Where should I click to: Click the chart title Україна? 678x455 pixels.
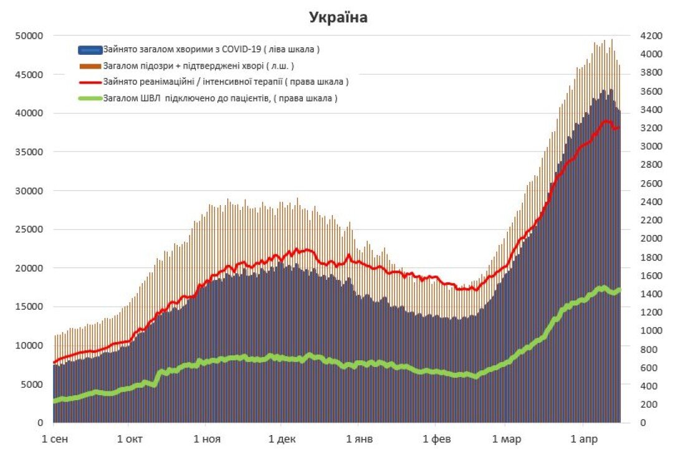coord(338,18)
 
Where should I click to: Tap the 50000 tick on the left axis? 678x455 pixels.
coord(29,36)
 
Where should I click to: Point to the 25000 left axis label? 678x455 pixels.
coord(29,229)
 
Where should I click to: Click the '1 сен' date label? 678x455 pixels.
coord(55,439)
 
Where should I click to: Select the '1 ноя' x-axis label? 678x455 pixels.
coord(208,439)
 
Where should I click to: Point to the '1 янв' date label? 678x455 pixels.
coord(360,439)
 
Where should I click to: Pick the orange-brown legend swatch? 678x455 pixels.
coord(90,65)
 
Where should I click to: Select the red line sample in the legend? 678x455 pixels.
coord(90,82)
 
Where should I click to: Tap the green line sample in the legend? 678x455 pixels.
coord(90,98)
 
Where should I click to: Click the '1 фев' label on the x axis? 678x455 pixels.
coord(436,439)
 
